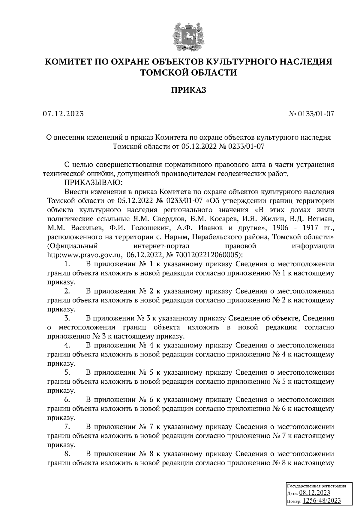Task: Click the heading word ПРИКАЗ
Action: [189, 90]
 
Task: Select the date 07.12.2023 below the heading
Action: [63, 114]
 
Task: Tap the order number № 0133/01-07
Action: [311, 114]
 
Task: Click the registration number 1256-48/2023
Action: [322, 501]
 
